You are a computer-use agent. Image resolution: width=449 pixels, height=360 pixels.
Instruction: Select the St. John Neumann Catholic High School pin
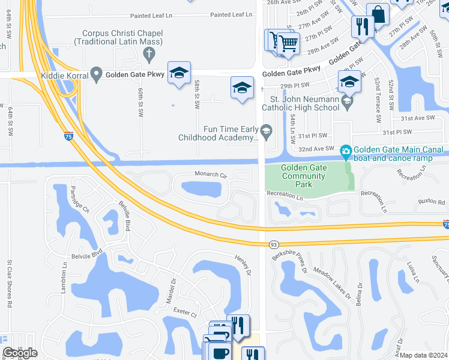click(347, 103)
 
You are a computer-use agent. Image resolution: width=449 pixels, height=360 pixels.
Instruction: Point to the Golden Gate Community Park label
click(303, 176)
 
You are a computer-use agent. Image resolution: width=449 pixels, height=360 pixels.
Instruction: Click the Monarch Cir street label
click(210, 174)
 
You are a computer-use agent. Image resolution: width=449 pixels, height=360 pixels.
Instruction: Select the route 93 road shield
click(273, 244)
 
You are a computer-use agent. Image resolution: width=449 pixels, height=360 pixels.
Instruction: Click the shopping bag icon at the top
click(379, 13)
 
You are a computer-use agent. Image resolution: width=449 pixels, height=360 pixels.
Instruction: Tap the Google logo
click(20, 353)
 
